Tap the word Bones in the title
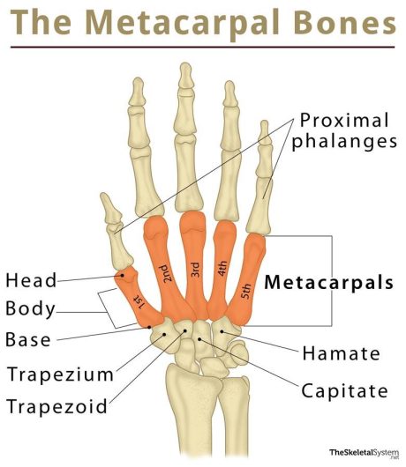pos(345,22)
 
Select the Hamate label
pos(342,353)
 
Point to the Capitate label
pos(344,390)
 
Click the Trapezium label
pos(61,374)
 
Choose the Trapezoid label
pos(57,406)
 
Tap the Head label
pos(31,280)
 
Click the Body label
pos(30,309)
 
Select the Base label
pos(28,339)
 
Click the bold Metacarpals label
pos(329,282)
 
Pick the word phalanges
pos(344,141)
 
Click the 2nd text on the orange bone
pos(166,273)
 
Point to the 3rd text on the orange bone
pos(194,270)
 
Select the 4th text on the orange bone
pos(222,269)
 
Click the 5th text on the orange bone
pos(246,292)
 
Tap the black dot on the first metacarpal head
pos(122,276)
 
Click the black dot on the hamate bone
pos(222,331)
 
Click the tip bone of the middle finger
pos(186,76)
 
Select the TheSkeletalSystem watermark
pos(364,453)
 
